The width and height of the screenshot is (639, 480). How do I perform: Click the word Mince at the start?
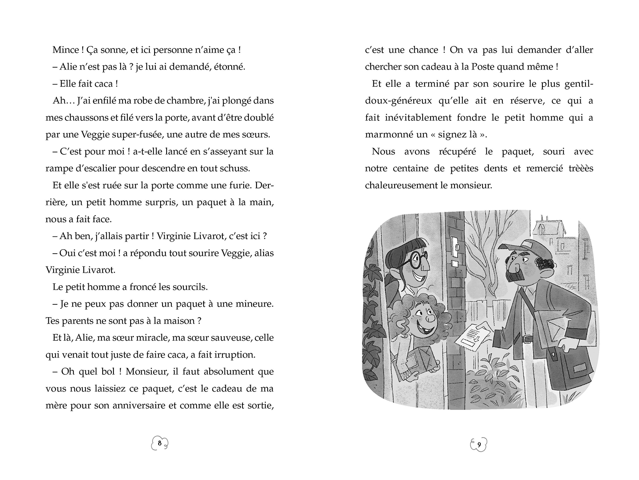tap(65, 50)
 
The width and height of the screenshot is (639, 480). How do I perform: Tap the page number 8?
tap(159, 443)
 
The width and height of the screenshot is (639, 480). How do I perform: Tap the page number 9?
tap(479, 444)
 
